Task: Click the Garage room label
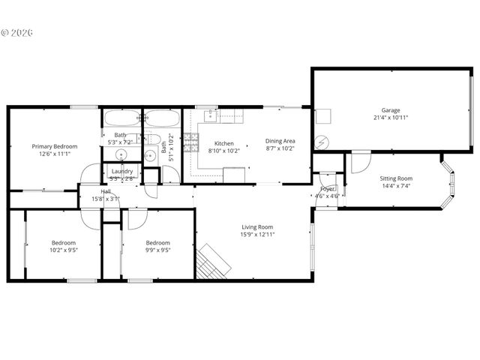391,109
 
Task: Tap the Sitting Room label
396,178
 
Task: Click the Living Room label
256,226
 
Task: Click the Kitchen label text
224,143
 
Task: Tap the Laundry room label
122,172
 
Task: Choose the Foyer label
327,188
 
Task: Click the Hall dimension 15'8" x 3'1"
106,199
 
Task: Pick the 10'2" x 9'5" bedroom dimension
64,251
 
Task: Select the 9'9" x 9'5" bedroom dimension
157,251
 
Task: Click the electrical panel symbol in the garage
322,142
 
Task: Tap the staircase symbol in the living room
213,262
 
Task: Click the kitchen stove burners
190,140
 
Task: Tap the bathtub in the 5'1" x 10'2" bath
161,118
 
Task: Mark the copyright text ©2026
19,33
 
